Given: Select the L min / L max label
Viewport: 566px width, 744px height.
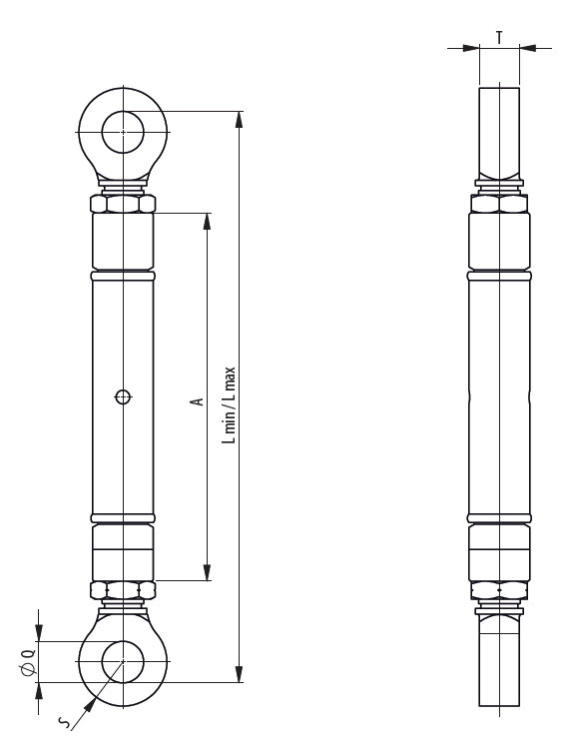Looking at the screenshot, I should [x=229, y=403].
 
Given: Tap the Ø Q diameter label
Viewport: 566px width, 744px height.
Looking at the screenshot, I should [x=28, y=662].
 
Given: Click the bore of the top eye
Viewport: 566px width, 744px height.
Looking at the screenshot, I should [x=122, y=131].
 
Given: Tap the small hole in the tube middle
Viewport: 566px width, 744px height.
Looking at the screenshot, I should [x=122, y=396].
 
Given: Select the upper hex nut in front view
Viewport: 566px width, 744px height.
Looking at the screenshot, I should [x=122, y=203].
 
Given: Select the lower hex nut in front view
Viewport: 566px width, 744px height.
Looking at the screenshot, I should [x=122, y=590].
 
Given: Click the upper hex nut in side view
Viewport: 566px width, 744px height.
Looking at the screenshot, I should [x=498, y=203].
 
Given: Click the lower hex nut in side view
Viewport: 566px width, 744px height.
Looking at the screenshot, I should [x=498, y=590].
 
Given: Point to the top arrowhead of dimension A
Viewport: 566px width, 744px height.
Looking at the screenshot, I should [x=207, y=220].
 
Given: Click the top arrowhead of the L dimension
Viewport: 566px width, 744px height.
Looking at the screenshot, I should [x=239, y=118].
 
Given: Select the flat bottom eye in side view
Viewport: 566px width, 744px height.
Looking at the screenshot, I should [x=498, y=659].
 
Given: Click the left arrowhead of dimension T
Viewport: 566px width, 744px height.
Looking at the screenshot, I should [x=471, y=47].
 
